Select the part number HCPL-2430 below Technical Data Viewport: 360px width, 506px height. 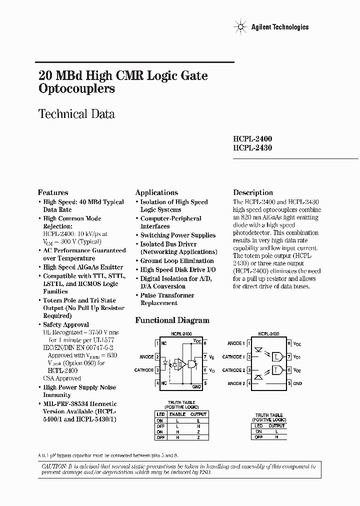(x=252, y=147)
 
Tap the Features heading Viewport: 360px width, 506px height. (x=53, y=192)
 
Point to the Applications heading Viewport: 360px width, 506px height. (x=156, y=192)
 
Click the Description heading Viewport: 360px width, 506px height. (x=253, y=192)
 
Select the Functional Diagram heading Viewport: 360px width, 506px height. (x=172, y=320)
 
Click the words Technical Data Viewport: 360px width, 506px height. (x=76, y=114)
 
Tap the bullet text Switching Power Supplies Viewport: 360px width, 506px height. (x=177, y=235)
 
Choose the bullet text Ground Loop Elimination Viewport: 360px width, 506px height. (x=176, y=261)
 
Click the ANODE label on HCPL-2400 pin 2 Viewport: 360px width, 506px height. (x=146, y=356)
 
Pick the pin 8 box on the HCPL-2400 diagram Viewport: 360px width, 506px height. (x=204, y=343)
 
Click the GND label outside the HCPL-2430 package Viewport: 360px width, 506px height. (x=297, y=383)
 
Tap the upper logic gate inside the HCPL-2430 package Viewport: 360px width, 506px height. (x=276, y=356)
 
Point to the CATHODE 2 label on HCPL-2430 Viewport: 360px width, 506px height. (x=233, y=370)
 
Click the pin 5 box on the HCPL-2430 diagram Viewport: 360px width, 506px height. (x=289, y=383)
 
